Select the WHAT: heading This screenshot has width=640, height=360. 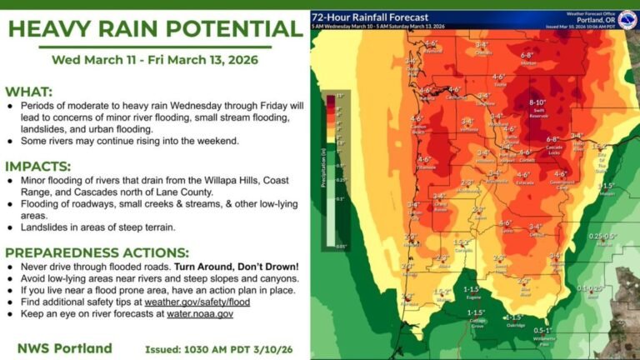(30, 92)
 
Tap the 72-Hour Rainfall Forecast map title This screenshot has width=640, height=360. (370, 17)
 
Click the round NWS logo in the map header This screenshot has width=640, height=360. (627, 18)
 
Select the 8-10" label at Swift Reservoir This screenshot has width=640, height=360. (537, 102)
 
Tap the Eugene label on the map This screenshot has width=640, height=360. (471, 296)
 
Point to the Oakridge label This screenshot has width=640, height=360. (516, 326)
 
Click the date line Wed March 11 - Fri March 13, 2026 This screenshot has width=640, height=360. (155, 60)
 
